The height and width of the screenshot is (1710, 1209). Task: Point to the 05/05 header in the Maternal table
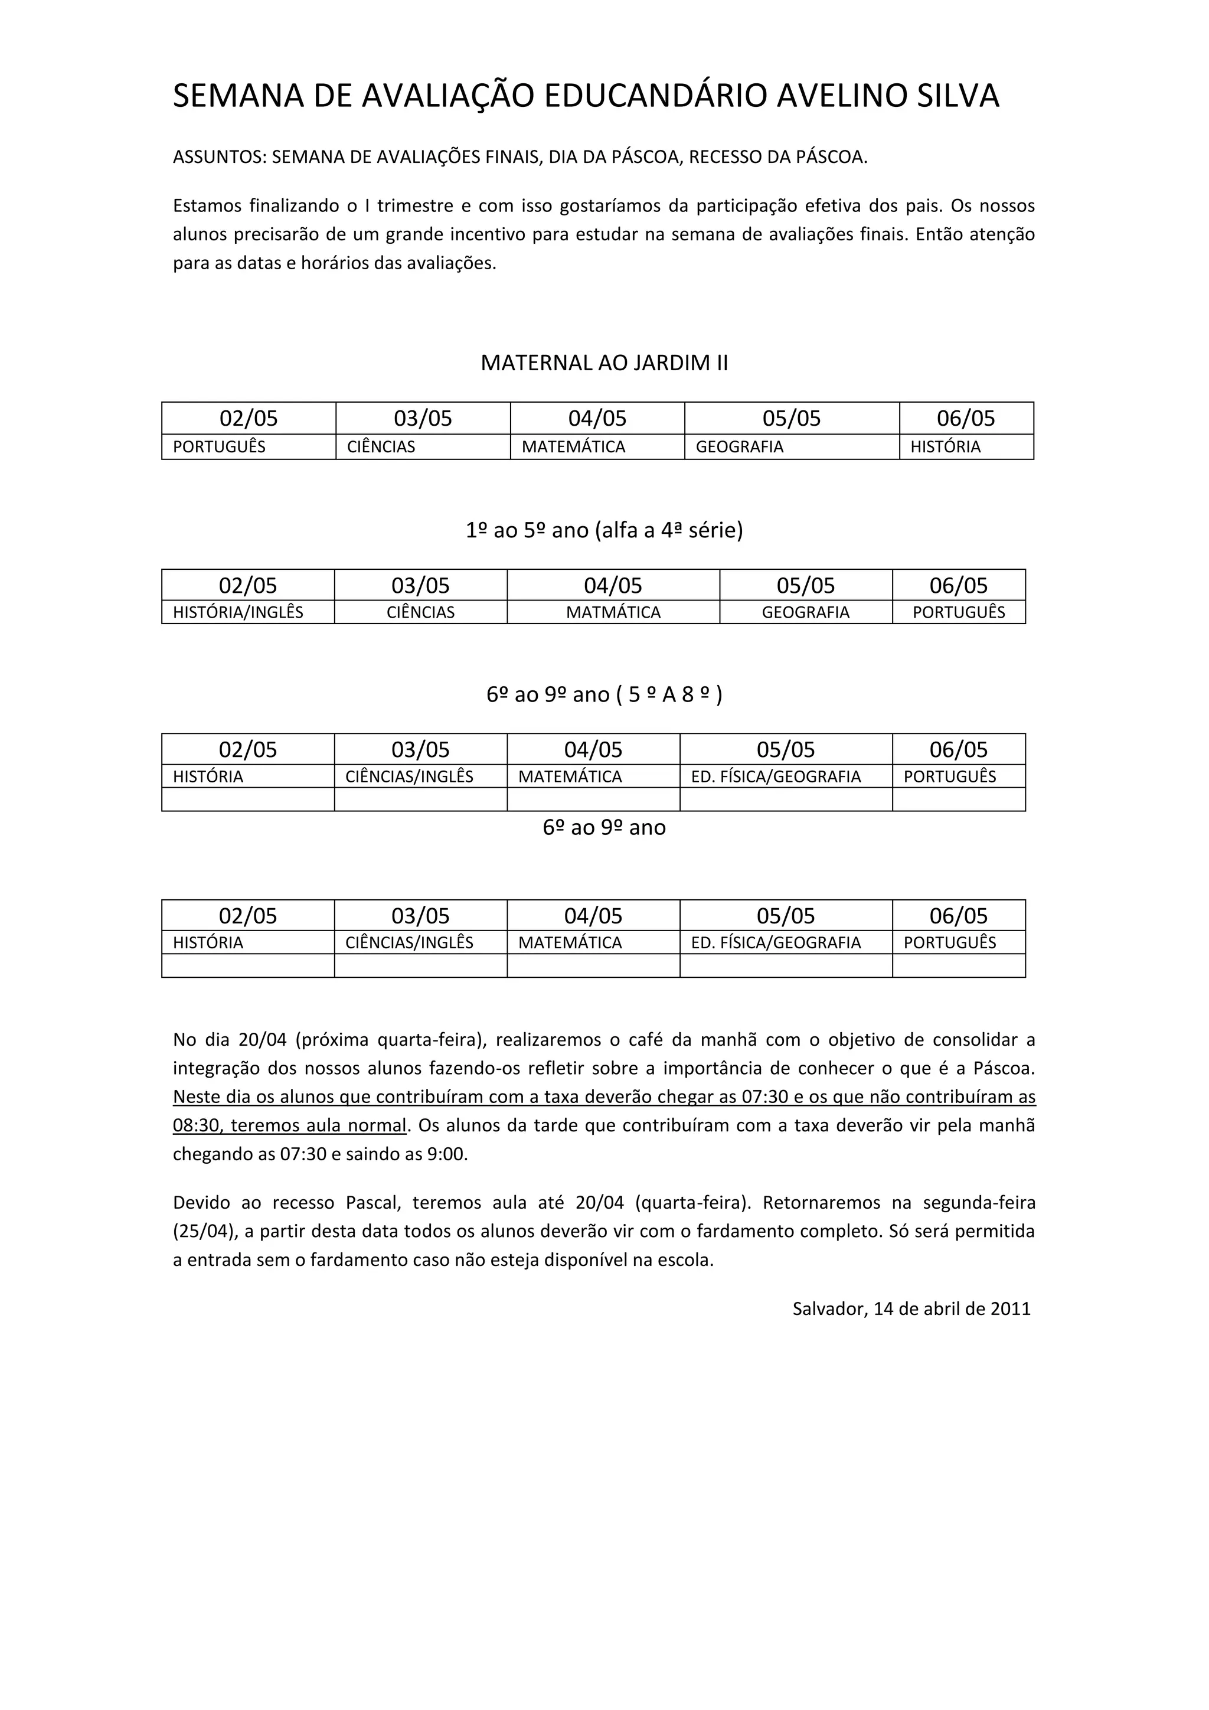[x=792, y=419]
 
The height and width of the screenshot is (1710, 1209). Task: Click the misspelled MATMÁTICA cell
[x=613, y=612]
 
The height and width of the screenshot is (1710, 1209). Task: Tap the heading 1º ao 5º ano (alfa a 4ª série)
[x=604, y=530]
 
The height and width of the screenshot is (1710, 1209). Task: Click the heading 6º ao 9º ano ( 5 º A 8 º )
[x=604, y=694]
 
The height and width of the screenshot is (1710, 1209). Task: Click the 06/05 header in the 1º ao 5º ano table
[x=958, y=585]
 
